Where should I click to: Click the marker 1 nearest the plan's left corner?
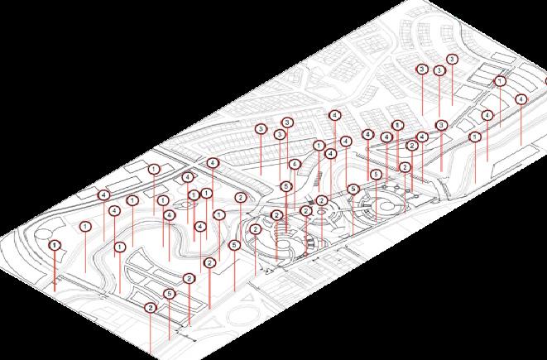pyautogui.click(x=55, y=245)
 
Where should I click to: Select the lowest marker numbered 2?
pyautogui.click(x=151, y=308)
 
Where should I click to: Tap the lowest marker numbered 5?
pyautogui.click(x=170, y=294)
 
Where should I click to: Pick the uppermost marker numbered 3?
pyautogui.click(x=451, y=60)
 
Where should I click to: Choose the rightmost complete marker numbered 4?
pyautogui.click(x=521, y=99)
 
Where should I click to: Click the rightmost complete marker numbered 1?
pyautogui.click(x=500, y=82)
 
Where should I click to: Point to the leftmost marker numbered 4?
pyautogui.click(x=103, y=195)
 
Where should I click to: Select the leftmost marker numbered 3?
pyautogui.click(x=261, y=129)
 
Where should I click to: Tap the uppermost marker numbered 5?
pyautogui.click(x=376, y=175)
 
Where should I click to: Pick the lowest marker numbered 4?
pyautogui.click(x=200, y=226)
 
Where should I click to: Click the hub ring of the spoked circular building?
pyautogui.click(x=321, y=213)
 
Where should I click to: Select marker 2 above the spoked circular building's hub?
pyautogui.click(x=322, y=201)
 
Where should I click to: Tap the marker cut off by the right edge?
pyautogui.click(x=545, y=81)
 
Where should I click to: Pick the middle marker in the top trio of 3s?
pyautogui.click(x=439, y=71)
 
